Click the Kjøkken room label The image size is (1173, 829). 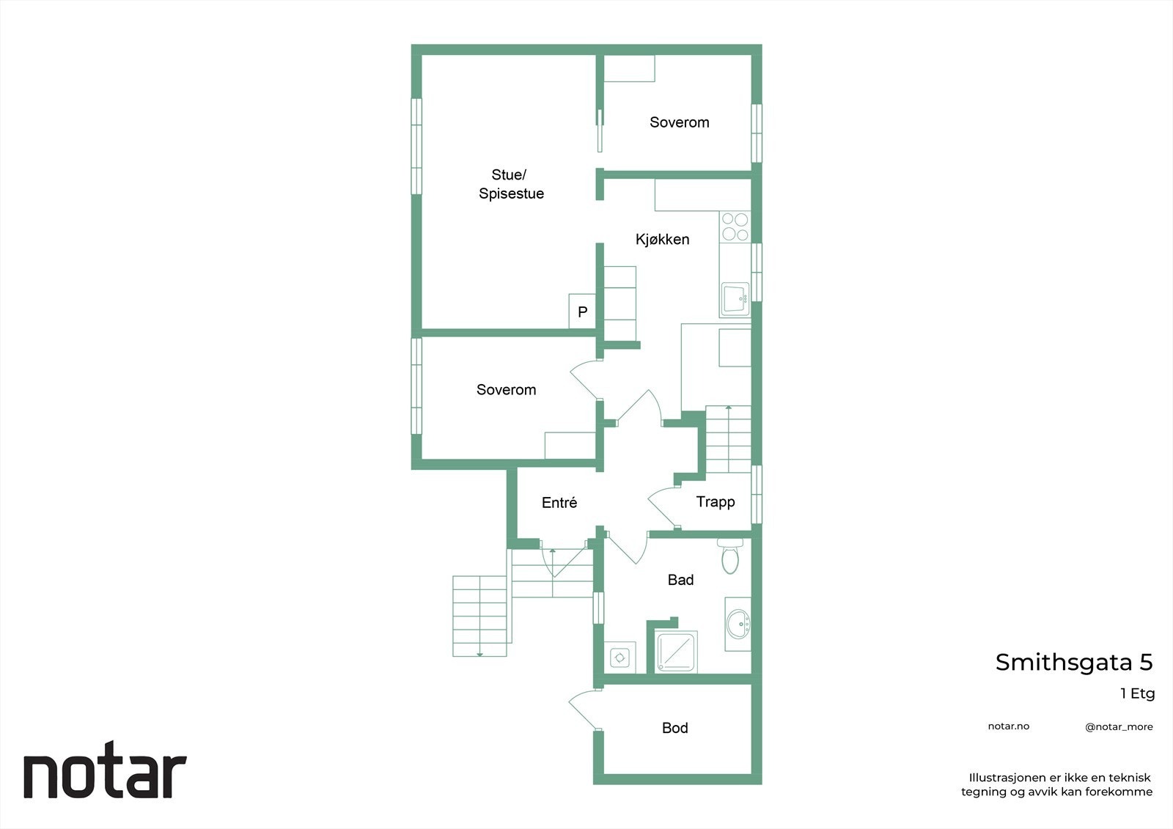[662, 239]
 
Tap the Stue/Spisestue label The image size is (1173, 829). [511, 184]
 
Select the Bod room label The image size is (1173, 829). [674, 728]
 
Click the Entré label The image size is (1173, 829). [559, 503]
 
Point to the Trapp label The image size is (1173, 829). [715, 502]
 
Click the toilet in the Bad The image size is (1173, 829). [730, 556]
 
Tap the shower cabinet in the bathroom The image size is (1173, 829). [676, 652]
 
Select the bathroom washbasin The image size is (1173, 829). [738, 624]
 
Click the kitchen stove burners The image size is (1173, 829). [735, 226]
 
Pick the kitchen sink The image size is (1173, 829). [734, 299]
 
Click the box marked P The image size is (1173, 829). [582, 312]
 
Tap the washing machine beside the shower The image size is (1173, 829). [620, 657]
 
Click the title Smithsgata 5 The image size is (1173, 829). [1073, 663]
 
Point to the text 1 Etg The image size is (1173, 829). [1137, 693]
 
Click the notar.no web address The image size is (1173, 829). [1008, 726]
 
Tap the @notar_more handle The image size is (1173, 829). [1119, 727]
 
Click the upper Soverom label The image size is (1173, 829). [679, 122]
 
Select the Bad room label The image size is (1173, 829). [680, 580]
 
